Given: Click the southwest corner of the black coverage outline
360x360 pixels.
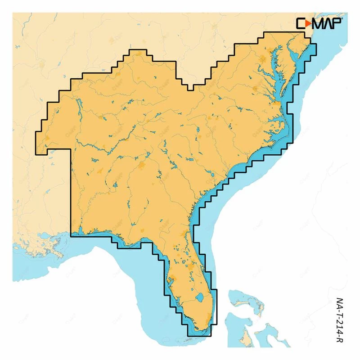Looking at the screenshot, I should tap(70, 234).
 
